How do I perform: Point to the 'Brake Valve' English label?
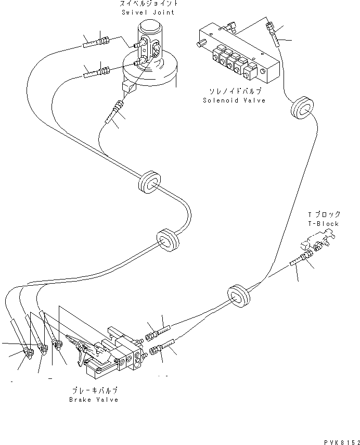tap(94, 400)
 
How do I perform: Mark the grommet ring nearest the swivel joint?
tap(149, 181)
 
